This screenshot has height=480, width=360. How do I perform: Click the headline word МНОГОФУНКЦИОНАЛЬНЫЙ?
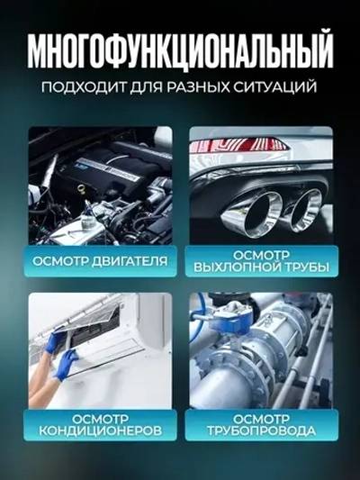tap(180, 52)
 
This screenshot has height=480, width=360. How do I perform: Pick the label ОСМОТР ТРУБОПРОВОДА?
tap(260, 425)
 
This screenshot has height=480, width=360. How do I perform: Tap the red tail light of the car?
tap(261, 143)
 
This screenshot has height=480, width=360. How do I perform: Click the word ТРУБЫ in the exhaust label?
tap(303, 268)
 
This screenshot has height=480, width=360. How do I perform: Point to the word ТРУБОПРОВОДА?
tap(260, 431)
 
